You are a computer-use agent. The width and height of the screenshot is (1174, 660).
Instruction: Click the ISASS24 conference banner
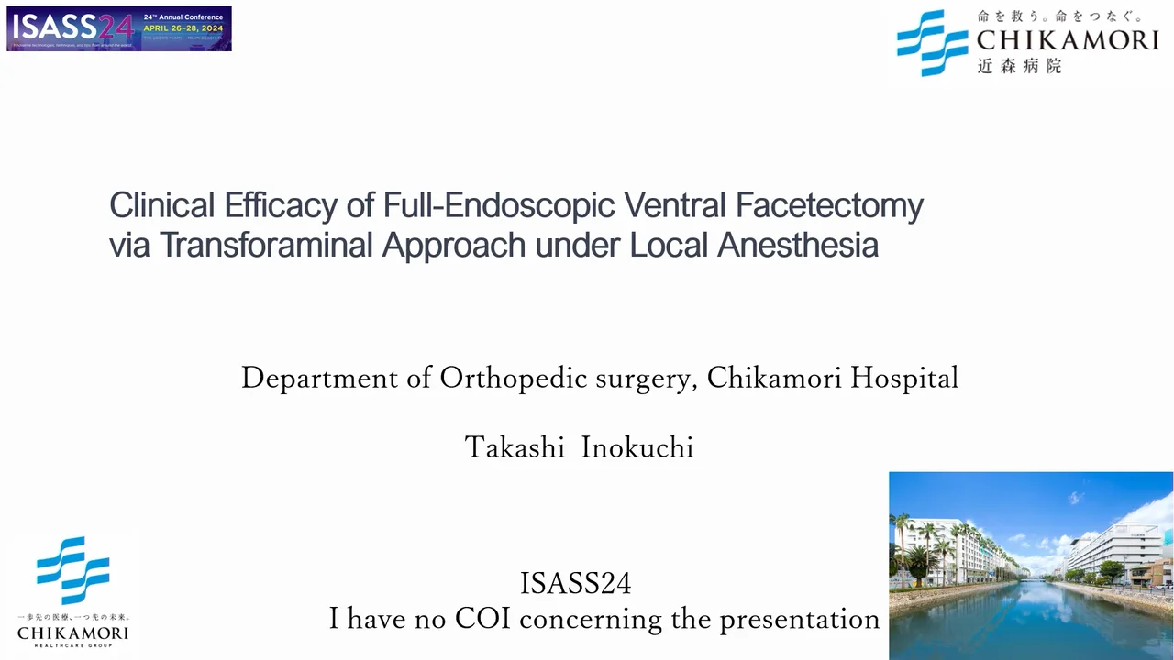pos(119,28)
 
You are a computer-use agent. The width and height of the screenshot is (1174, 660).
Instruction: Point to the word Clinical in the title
pos(162,205)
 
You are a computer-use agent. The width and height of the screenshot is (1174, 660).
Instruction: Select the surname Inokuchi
pos(637,447)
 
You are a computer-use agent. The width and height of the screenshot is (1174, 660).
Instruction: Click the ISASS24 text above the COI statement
pos(575,583)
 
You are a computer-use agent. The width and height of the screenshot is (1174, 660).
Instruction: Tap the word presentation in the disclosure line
pos(799,620)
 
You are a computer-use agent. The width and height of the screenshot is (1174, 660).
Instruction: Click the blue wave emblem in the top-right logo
pos(932,42)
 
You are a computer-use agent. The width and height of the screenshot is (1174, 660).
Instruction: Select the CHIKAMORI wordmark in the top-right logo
pos(1068,39)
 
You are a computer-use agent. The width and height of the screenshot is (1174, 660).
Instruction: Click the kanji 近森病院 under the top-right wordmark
pos(1019,66)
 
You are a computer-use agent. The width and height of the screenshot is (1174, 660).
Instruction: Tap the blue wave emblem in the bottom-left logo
pos(72,570)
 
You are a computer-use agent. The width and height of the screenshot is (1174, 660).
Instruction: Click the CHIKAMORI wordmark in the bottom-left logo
pos(72,632)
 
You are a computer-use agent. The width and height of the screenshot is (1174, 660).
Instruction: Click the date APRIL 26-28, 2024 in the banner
pos(183,27)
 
